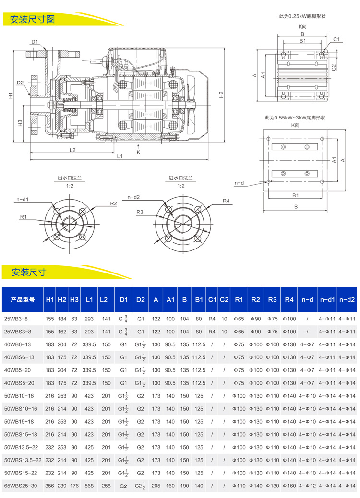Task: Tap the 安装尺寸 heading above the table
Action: [x=29, y=272]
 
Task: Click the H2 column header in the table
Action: [x=62, y=300]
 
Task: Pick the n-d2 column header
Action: [x=347, y=300]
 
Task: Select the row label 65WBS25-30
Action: [x=22, y=486]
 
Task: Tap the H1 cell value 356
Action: [x=50, y=486]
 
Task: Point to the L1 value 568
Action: [x=89, y=486]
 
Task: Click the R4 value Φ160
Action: [x=289, y=486]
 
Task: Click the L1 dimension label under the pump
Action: [x=120, y=156]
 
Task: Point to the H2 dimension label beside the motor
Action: [x=221, y=95]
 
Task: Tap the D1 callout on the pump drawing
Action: [x=35, y=42]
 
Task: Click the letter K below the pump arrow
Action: [x=138, y=152]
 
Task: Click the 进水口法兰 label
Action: [x=180, y=178]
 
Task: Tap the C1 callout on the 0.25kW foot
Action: [x=336, y=39]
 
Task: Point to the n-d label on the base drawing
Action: [x=240, y=183]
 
